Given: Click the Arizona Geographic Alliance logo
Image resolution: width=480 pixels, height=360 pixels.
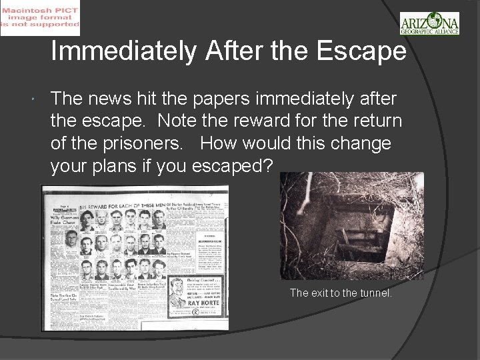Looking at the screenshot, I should [429, 23].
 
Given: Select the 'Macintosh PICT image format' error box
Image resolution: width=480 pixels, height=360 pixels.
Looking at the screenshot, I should [40, 18].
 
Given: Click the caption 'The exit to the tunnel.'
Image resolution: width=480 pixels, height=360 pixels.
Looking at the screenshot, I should [341, 293].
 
